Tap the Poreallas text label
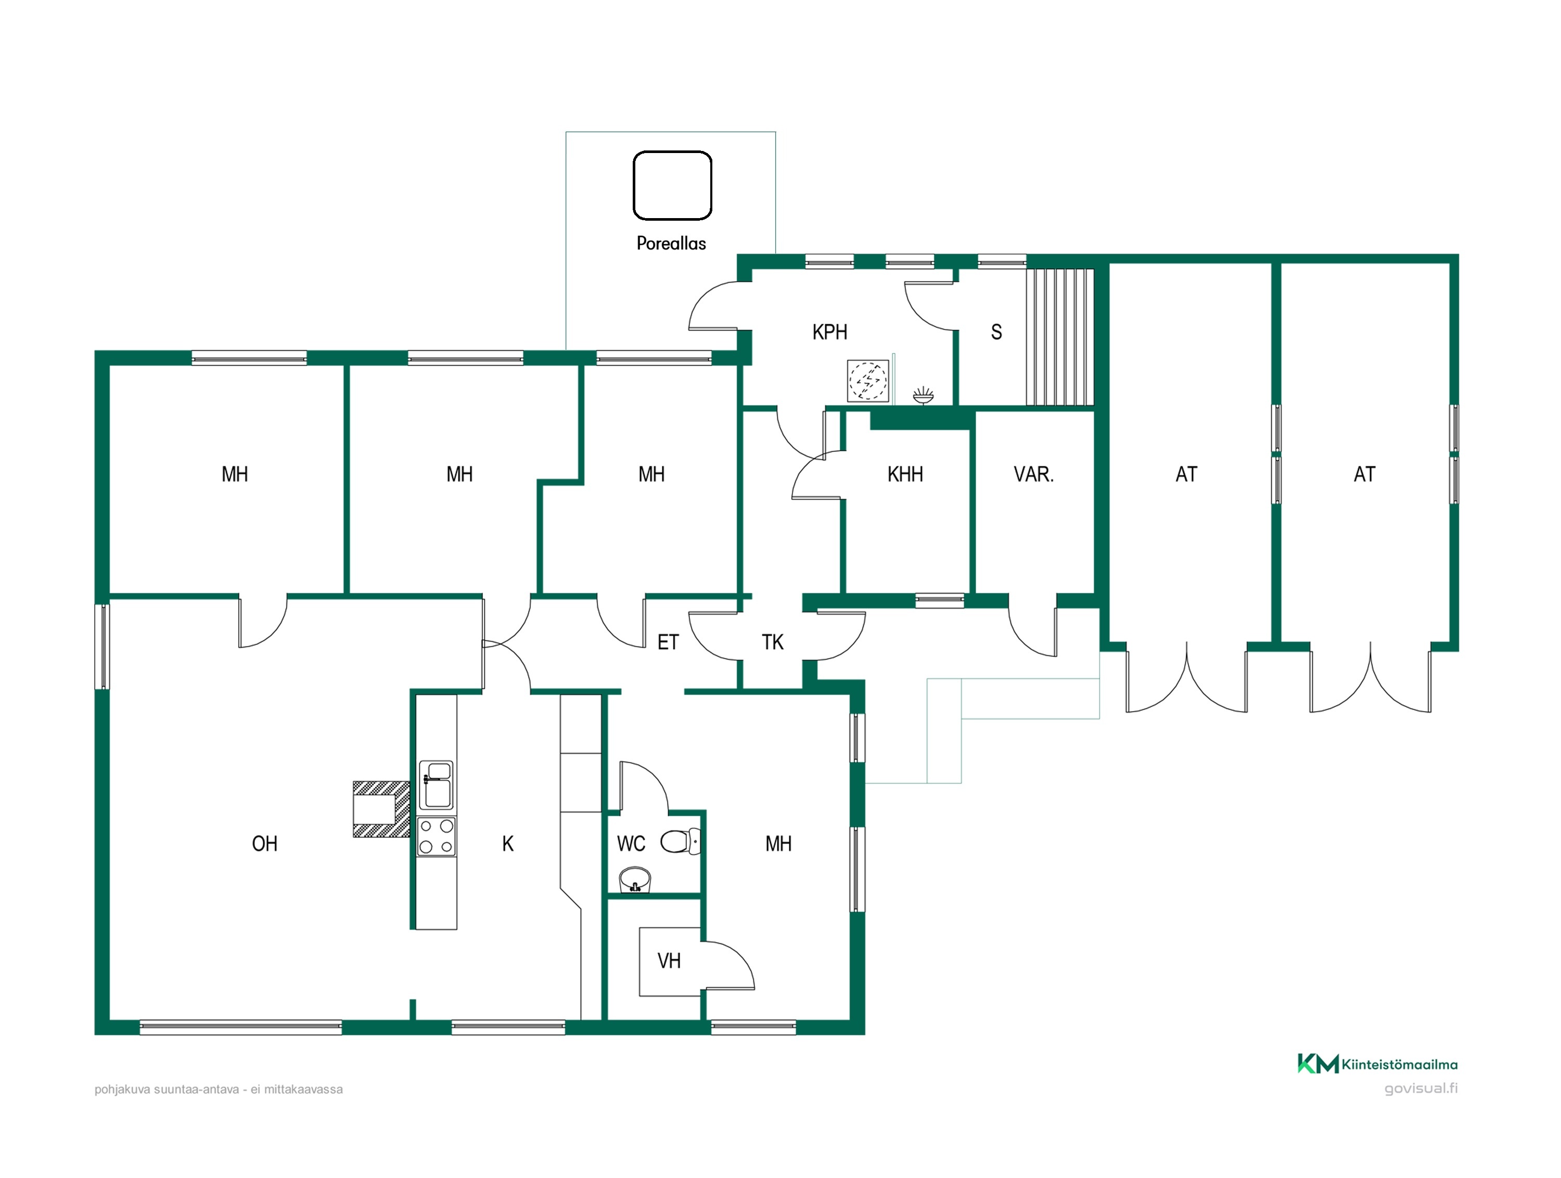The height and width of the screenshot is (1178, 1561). [671, 244]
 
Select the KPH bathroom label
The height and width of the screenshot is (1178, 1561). [829, 332]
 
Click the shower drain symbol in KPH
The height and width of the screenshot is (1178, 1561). [867, 381]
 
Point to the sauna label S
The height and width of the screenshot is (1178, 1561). [996, 332]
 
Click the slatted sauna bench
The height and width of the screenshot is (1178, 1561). [1059, 337]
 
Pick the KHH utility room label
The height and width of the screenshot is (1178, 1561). [905, 474]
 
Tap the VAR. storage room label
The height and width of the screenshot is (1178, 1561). [1033, 474]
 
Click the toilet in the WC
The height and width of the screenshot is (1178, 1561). [680, 841]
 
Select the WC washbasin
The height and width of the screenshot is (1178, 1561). [634, 880]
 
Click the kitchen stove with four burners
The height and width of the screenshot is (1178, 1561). [436, 837]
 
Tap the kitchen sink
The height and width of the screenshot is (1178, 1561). [436, 784]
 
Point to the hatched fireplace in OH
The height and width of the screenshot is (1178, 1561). [381, 809]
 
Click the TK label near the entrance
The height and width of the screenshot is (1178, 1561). [772, 642]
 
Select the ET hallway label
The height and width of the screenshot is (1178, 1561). [668, 642]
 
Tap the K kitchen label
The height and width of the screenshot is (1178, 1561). [507, 843]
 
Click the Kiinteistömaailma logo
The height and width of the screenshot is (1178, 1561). [1377, 1063]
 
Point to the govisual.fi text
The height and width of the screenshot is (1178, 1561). [1421, 1088]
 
